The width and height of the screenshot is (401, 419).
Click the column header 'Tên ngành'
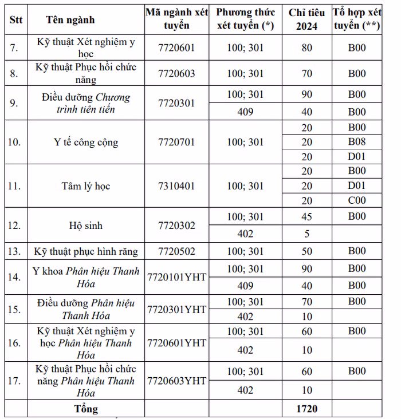pos(70,20)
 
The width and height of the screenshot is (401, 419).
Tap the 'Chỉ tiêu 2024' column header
pos(306,19)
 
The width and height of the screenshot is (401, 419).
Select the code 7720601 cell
pos(176,48)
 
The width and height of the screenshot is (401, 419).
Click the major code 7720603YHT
pos(176,381)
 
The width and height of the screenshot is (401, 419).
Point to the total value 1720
pos(306,409)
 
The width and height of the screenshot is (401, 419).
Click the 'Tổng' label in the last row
pos(86,409)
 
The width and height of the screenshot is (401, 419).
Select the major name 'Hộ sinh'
pos(86,226)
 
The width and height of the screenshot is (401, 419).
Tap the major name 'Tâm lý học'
pos(86,186)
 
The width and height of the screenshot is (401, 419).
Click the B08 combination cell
pos(356,142)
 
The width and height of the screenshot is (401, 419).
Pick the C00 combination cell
pos(356,200)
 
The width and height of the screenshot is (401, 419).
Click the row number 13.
pos(15,251)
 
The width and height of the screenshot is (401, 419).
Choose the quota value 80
pos(306,48)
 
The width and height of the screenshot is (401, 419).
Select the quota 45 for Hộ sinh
pos(306,216)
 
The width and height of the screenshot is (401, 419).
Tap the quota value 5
pos(306,234)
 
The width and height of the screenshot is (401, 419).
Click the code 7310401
pos(176,186)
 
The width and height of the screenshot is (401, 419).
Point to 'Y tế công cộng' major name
pos(86,142)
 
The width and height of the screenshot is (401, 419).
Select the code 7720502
pos(176,251)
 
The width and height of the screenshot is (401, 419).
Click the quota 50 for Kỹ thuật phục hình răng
pos(306,251)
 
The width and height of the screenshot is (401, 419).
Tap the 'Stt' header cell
pos(16,20)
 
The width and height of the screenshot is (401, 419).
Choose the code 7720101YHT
pos(176,277)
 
